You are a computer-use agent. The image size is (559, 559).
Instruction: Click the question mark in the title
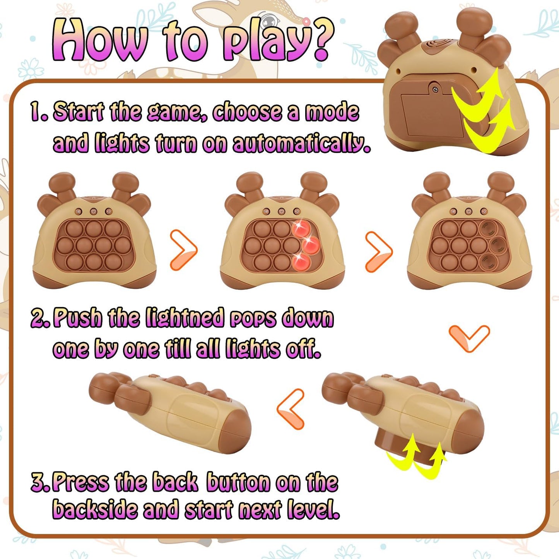[318, 41]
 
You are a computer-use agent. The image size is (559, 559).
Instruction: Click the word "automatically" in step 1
[301, 144]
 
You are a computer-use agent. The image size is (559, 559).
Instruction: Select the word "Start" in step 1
[79, 112]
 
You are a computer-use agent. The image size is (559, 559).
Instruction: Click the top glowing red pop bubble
[301, 229]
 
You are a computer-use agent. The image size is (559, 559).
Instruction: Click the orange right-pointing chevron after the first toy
[184, 250]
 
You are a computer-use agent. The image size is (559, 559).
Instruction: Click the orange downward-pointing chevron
[469, 338]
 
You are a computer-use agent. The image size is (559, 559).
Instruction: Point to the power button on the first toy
[94, 211]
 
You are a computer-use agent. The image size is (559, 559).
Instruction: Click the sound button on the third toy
[484, 211]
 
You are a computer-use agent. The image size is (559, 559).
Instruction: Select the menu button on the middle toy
[266, 211]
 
